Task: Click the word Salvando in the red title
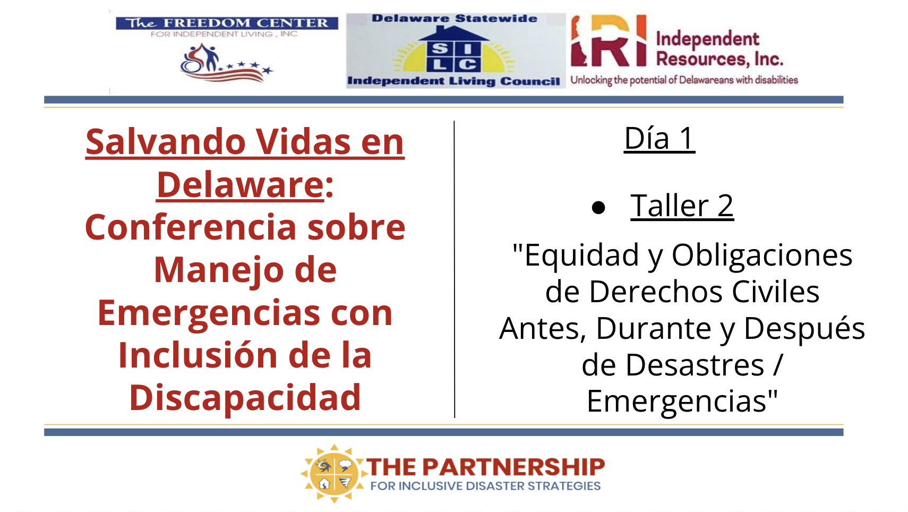[166, 142]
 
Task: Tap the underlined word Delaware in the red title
[241, 185]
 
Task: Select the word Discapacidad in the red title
[245, 398]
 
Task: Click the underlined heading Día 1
[659, 139]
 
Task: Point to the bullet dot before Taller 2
[598, 208]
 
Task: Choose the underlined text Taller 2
[682, 206]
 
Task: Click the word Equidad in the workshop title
[581, 256]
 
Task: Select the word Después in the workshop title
[804, 329]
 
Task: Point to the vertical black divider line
[455, 269]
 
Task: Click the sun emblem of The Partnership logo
[333, 473]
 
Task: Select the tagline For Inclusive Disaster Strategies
[485, 485]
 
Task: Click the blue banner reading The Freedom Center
[227, 23]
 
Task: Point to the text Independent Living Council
[453, 81]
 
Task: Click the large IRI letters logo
[609, 41]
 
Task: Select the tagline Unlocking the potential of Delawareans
[684, 80]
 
